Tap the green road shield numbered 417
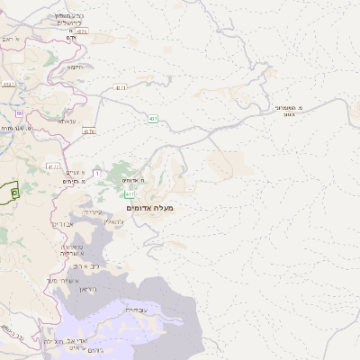click(130, 193)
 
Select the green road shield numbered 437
click(153, 119)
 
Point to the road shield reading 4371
click(121, 87)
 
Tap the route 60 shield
click(19, 113)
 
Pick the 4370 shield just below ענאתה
click(88, 131)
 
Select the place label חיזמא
click(76, 66)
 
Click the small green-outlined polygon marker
click(14, 192)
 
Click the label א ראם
click(10, 39)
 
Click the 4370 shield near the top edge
click(82, 31)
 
